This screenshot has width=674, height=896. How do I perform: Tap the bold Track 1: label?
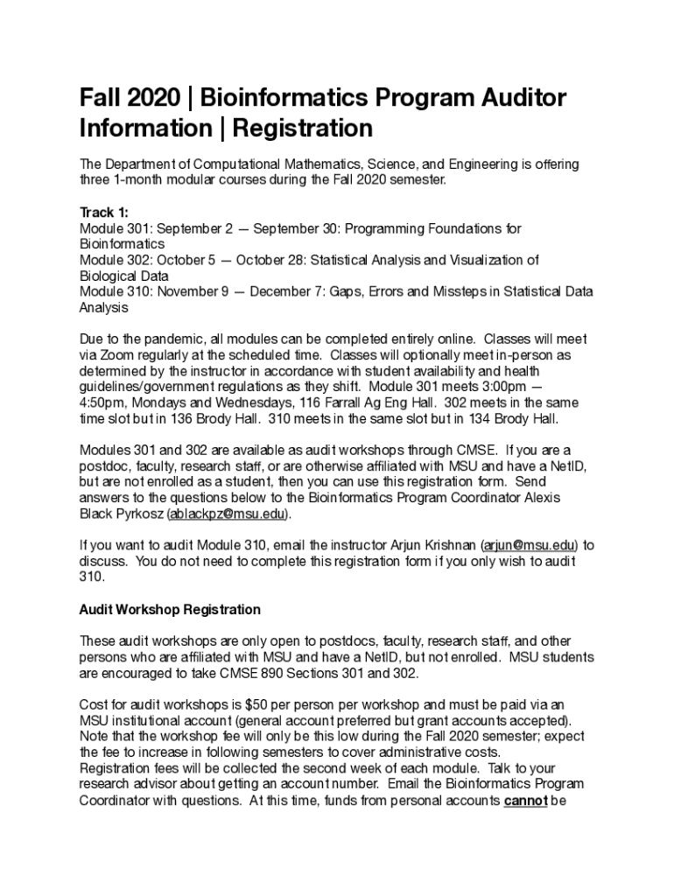point(103,213)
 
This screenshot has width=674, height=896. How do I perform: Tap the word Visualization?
point(488,260)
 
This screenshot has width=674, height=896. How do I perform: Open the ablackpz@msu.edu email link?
point(227,513)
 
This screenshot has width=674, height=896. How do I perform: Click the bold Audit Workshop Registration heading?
point(170,608)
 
